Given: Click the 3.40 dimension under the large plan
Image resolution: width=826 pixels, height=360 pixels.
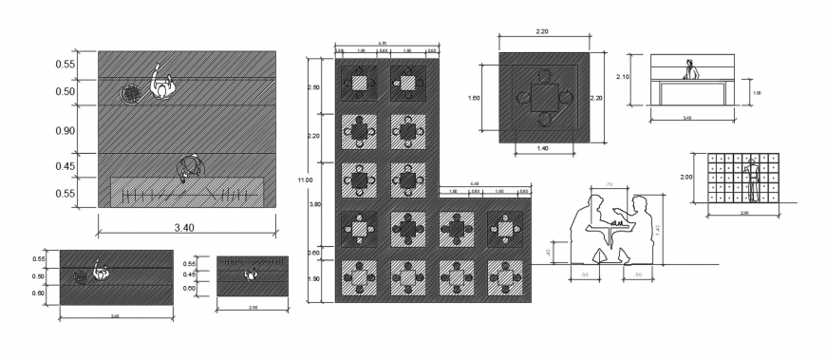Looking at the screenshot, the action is [186, 228].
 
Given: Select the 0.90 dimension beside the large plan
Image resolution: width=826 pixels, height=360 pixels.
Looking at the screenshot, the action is [65, 130].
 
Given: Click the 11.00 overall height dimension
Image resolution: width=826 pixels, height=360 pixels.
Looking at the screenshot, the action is [304, 180].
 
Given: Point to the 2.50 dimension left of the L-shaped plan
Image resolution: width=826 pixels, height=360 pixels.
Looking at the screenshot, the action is [314, 87].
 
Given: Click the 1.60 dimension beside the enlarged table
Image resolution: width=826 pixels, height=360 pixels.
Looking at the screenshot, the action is [474, 96].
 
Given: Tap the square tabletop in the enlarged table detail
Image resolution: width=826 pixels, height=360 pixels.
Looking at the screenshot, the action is [544, 97].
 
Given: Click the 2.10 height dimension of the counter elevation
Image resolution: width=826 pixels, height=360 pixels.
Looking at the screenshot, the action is [623, 76].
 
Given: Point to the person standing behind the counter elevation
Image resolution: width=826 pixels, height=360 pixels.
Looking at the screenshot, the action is [692, 70].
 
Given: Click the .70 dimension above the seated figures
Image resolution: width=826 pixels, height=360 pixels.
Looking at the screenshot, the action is [608, 183].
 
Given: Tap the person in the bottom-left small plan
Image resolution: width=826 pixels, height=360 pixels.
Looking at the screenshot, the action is [98, 274].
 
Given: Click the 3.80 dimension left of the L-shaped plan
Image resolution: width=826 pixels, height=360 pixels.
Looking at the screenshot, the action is [314, 204].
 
